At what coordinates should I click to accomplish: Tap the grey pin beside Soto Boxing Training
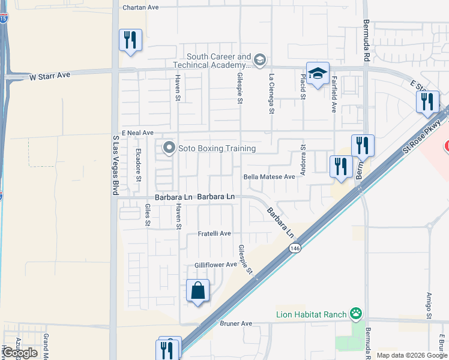coord(169,148)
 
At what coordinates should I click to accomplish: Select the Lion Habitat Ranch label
coord(312,314)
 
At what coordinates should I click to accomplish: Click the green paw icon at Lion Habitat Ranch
coord(357,313)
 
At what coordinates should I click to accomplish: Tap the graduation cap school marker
coord(317,74)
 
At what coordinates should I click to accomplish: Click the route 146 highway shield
coord(294,248)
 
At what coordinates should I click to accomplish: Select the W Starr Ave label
coord(50,76)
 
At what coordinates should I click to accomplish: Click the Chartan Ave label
coord(140,8)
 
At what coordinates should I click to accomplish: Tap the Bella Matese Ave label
coord(270,177)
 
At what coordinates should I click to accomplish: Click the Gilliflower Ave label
coord(215,265)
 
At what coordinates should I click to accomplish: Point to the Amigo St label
coord(429,306)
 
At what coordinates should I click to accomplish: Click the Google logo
coord(20,353)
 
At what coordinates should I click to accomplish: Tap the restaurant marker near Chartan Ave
coord(130,40)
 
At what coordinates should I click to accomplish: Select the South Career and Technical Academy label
coord(211,60)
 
